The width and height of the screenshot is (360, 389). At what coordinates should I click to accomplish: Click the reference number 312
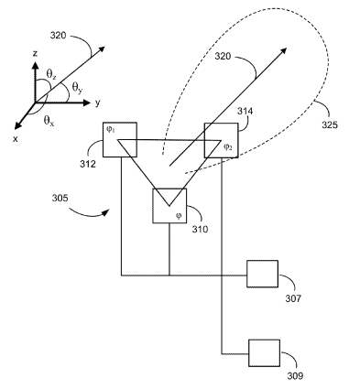[x=88, y=164]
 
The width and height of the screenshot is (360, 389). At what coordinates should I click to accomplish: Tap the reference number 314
[x=245, y=112]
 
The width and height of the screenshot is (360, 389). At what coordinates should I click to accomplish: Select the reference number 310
[x=200, y=229]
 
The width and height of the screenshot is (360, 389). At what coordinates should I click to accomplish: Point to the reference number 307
[x=293, y=298]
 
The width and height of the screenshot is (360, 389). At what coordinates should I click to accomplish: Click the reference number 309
[x=295, y=376]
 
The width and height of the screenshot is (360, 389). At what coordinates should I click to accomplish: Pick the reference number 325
[x=330, y=124]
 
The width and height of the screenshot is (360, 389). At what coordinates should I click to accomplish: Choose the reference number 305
[x=60, y=199]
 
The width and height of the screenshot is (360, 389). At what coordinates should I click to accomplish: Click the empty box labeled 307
[x=262, y=274]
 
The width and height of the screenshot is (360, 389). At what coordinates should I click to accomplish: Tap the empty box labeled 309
[x=264, y=352]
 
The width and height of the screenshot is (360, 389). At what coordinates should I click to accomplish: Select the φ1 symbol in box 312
[x=111, y=129]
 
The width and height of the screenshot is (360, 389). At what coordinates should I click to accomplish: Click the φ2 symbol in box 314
[x=228, y=147]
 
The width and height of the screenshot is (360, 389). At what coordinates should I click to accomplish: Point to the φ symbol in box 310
[x=179, y=216]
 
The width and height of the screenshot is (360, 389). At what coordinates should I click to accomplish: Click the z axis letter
[x=36, y=54]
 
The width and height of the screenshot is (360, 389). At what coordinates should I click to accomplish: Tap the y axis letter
[x=97, y=103]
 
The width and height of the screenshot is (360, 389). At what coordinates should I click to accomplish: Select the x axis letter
[x=16, y=139]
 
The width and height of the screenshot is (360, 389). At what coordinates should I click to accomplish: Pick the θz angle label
[x=51, y=74]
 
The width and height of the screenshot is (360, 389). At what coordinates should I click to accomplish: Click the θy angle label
[x=77, y=88]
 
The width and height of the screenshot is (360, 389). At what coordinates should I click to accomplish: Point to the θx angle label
[x=49, y=121]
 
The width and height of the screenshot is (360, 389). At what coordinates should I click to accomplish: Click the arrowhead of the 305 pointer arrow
[x=106, y=212]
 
